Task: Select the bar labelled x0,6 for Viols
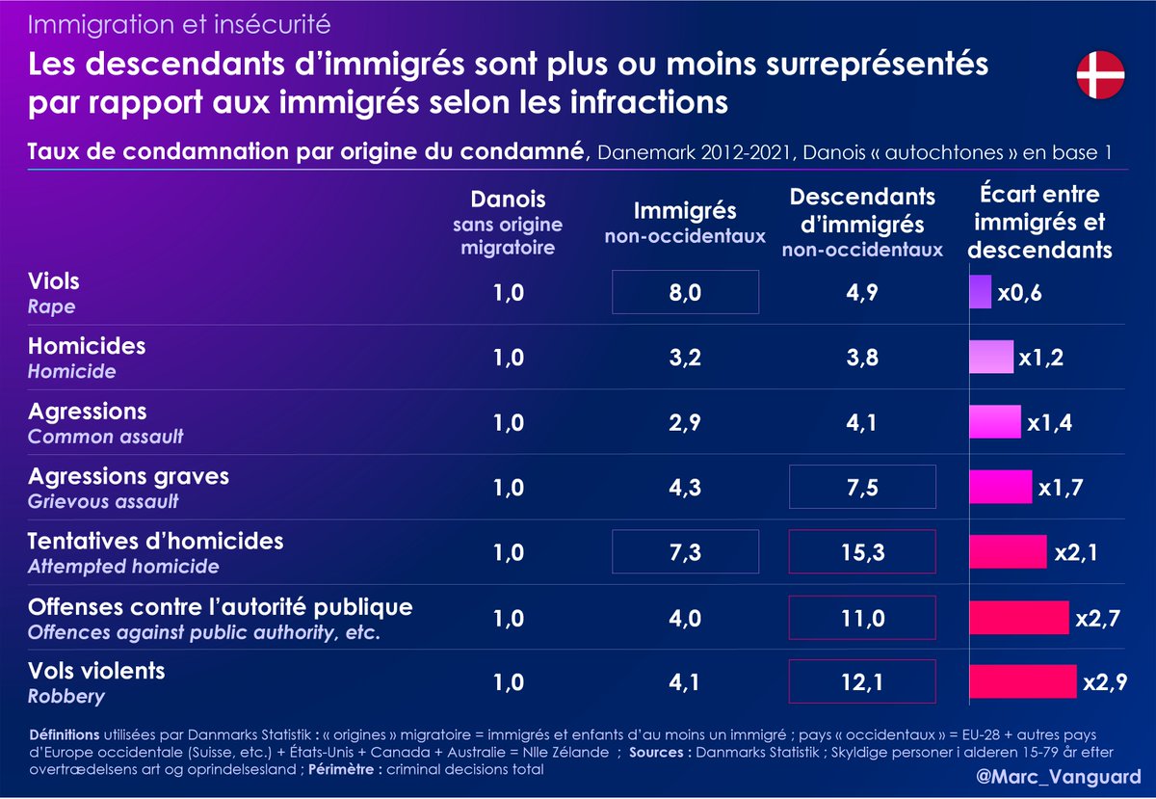(x=980, y=292)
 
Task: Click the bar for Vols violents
(x=1022, y=681)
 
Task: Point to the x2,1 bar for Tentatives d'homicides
(x=1008, y=551)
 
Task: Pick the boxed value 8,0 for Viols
(x=685, y=292)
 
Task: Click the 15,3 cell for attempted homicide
(x=861, y=551)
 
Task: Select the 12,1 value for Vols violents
(x=861, y=681)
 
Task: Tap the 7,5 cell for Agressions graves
(x=861, y=487)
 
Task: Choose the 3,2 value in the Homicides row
(x=685, y=357)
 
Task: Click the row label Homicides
(x=87, y=346)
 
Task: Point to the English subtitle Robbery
(x=66, y=696)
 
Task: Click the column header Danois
(x=508, y=200)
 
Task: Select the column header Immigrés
(x=685, y=210)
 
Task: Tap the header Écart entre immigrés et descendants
(x=1039, y=223)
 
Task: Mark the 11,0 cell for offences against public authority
(x=861, y=617)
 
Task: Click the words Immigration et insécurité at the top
(x=179, y=22)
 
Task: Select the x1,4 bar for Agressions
(x=994, y=422)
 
